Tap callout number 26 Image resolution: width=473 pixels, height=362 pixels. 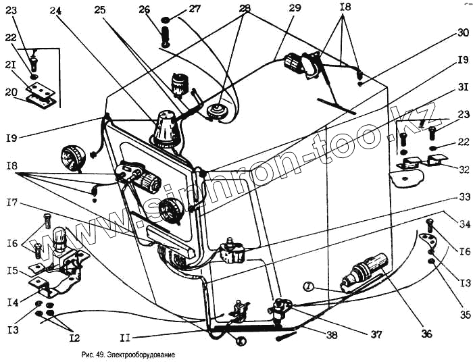tap(144, 9)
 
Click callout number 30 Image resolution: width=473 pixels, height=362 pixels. tap(462, 32)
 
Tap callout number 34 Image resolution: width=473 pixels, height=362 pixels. tap(462, 224)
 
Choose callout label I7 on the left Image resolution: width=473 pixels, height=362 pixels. tap(11, 202)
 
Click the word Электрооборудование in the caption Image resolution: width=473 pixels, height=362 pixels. tap(138, 355)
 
